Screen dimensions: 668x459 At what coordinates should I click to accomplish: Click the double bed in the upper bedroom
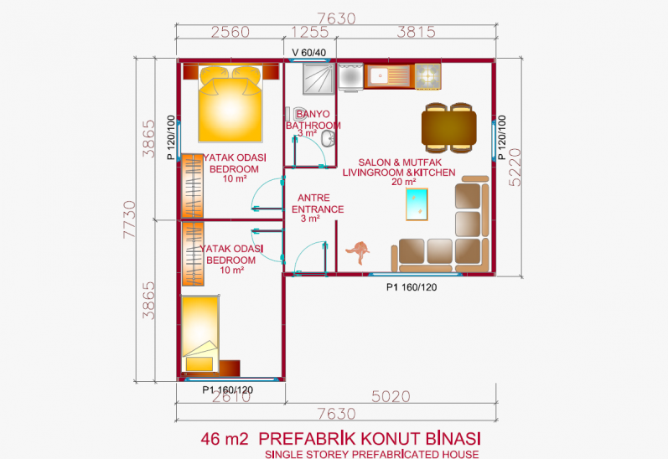(230, 103)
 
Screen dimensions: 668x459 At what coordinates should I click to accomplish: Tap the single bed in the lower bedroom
(200, 333)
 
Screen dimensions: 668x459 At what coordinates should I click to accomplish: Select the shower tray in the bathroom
(318, 79)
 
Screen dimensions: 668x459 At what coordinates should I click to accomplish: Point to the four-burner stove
(427, 76)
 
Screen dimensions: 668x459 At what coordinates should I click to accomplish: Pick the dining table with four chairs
(448, 128)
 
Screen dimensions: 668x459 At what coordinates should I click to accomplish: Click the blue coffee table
(417, 204)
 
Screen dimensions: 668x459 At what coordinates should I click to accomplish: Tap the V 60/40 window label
(309, 53)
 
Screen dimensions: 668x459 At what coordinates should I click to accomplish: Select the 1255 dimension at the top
(310, 33)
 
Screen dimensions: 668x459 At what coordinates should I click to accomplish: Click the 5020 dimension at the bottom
(391, 397)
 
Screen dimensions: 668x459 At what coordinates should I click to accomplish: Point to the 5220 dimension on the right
(515, 167)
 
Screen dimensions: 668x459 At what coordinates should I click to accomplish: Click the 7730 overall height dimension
(129, 219)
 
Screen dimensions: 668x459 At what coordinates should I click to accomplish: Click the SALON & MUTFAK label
(400, 162)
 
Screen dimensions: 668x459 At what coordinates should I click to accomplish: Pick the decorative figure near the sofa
(358, 252)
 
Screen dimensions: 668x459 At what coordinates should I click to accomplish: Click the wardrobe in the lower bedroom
(193, 254)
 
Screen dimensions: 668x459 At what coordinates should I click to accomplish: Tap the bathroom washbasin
(328, 139)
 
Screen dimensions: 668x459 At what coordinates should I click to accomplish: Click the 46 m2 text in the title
(224, 439)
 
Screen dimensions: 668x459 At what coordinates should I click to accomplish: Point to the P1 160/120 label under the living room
(412, 287)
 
